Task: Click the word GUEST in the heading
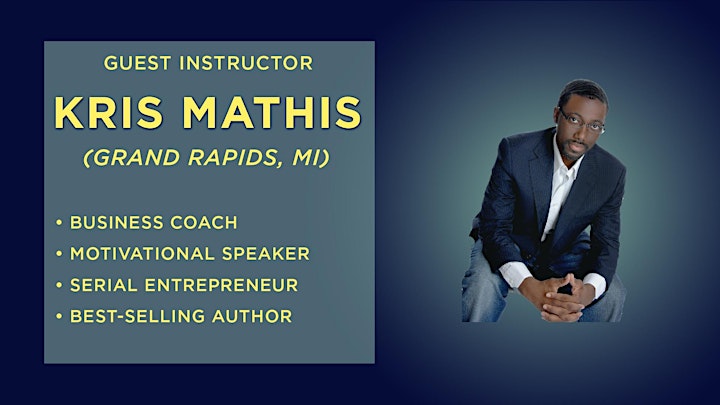pos(137,63)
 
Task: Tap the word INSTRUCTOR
pos(246,63)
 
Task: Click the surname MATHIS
pos(272,112)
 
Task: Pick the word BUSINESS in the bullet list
pos(117,223)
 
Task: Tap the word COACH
pos(204,223)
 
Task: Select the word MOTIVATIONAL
pos(142,254)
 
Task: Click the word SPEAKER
pos(266,254)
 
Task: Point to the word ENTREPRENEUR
pos(221,285)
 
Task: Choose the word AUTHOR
pos(252,316)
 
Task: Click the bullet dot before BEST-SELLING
pos(59,316)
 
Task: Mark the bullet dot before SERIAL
pos(59,285)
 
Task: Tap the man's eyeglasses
pos(581,121)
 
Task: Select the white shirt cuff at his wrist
pos(515,273)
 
